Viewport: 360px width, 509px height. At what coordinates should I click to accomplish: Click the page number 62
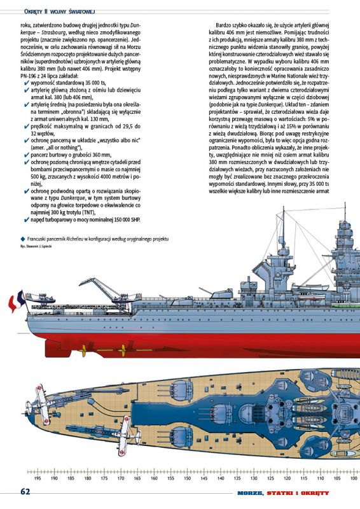25,492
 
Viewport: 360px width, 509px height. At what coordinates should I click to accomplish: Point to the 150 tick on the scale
187,478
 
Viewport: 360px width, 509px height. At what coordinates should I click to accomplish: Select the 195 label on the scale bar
38,478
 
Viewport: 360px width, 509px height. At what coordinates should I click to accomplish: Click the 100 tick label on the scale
354,478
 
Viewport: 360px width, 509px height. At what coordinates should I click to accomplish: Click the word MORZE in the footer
250,493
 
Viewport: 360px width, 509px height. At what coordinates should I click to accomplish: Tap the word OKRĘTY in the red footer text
315,493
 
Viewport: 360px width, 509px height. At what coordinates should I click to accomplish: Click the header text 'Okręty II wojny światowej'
59,11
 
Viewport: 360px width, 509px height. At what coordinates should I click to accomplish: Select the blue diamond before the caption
22,239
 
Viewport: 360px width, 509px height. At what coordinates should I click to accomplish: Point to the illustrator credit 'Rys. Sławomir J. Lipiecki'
36,246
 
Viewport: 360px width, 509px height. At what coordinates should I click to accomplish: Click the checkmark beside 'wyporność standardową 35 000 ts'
27,83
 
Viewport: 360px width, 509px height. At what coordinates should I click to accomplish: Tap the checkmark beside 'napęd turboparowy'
27,220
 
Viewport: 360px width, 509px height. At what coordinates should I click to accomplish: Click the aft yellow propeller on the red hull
83,351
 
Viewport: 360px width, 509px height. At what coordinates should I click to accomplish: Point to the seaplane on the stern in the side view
41,298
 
